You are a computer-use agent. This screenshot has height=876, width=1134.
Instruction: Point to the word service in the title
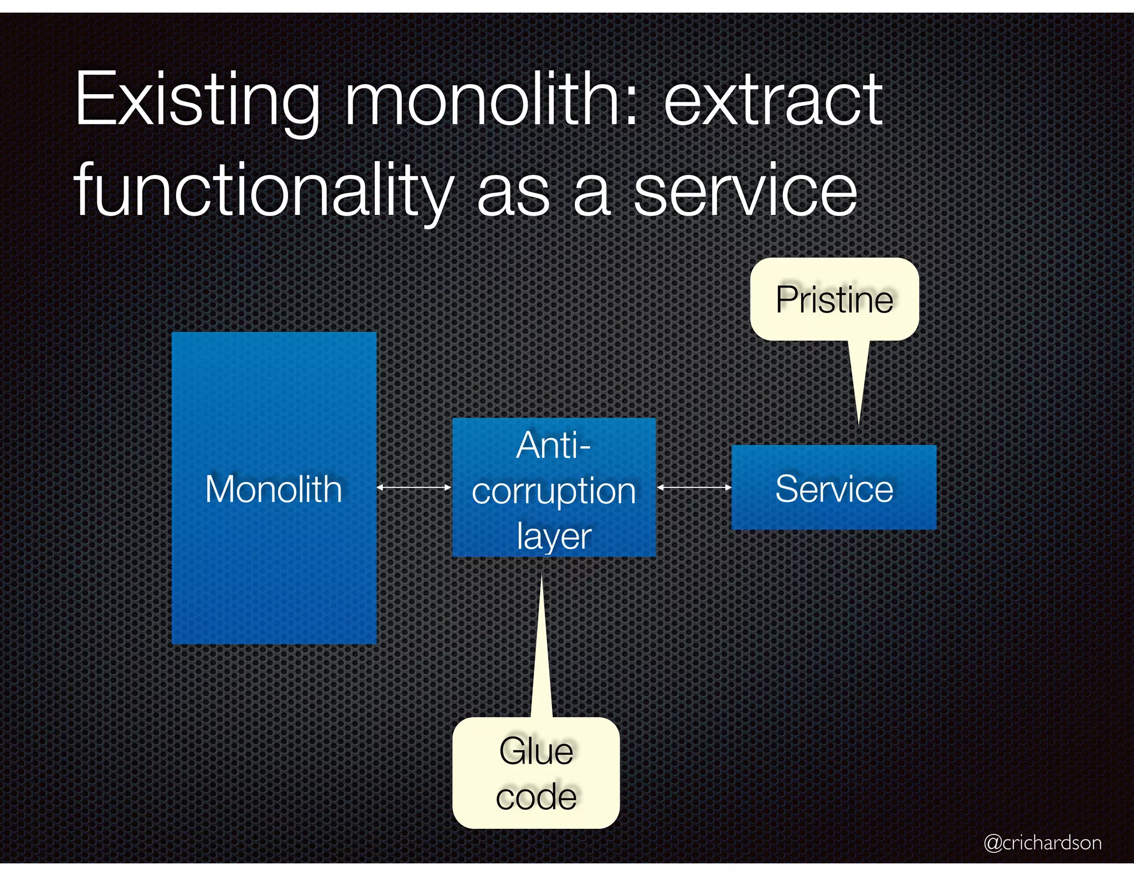pos(745,191)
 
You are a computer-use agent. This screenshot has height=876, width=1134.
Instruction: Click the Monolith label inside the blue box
pos(274,489)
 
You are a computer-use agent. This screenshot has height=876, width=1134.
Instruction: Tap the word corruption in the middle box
pos(554,491)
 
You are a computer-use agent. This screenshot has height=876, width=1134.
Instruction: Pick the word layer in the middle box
pos(554,536)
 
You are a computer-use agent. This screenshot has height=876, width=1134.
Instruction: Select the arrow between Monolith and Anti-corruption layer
pos(414,487)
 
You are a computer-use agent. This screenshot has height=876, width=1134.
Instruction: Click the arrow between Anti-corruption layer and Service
pos(694,487)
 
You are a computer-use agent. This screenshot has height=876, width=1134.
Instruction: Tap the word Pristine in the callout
pos(834,300)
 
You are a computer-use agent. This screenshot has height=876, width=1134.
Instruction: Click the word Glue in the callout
pos(536,751)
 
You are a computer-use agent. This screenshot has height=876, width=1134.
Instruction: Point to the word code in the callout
pos(536,797)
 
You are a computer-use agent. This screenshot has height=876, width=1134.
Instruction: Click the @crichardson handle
pos(1042,842)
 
